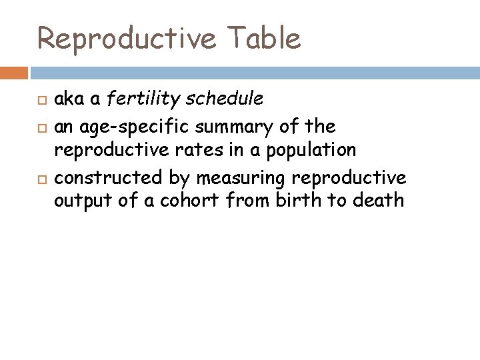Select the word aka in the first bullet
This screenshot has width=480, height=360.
click(67, 100)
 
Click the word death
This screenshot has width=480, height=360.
click(381, 201)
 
